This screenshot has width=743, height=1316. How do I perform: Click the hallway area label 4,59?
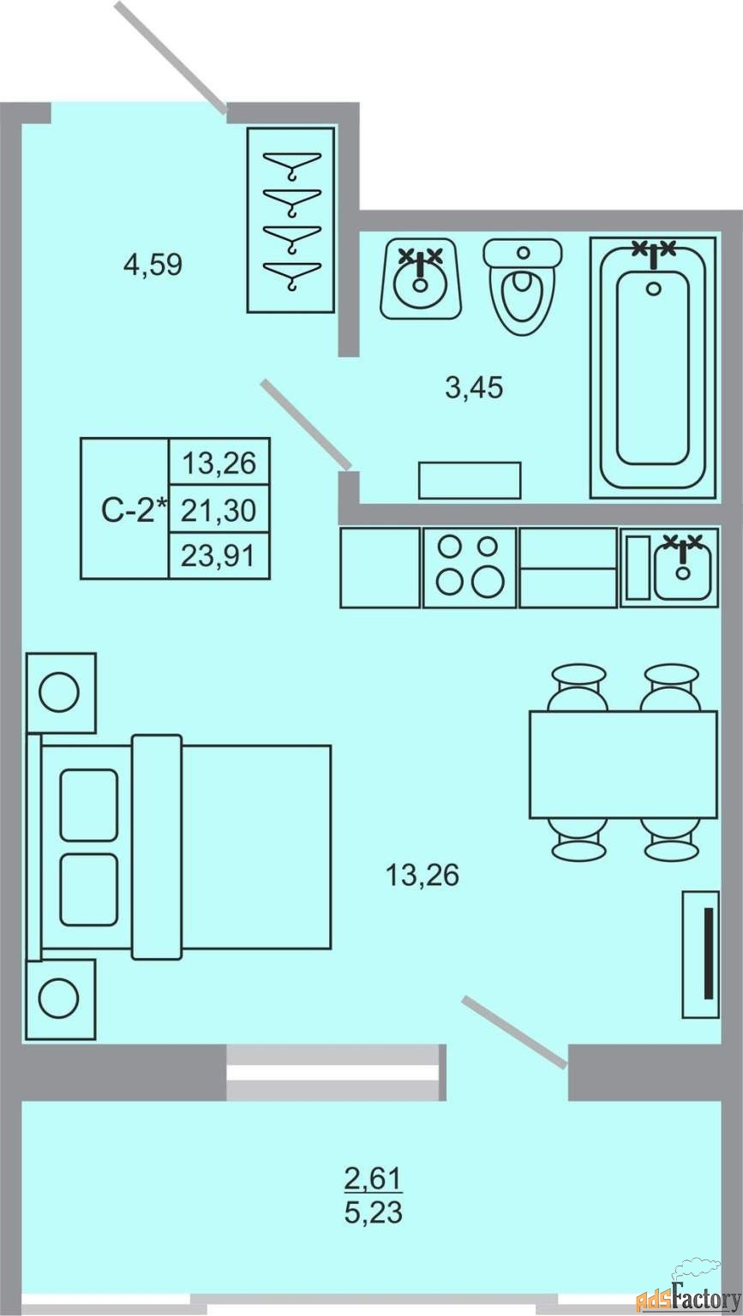pyautogui.click(x=153, y=265)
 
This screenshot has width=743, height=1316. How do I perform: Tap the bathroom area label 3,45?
pyautogui.click(x=475, y=388)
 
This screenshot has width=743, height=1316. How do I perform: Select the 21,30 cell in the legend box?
pyautogui.click(x=219, y=510)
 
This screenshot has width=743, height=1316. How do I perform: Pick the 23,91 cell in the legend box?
pyautogui.click(x=219, y=556)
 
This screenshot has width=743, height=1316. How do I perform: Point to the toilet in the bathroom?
pyautogui.click(x=522, y=287)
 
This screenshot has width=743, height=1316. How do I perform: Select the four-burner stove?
pyautogui.click(x=470, y=567)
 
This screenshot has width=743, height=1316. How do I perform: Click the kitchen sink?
pyautogui.click(x=669, y=567)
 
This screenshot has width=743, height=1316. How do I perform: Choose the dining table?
pyautogui.click(x=624, y=764)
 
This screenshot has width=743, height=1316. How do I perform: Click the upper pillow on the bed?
pyautogui.click(x=89, y=805)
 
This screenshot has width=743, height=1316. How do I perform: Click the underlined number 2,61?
pyautogui.click(x=374, y=1178)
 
